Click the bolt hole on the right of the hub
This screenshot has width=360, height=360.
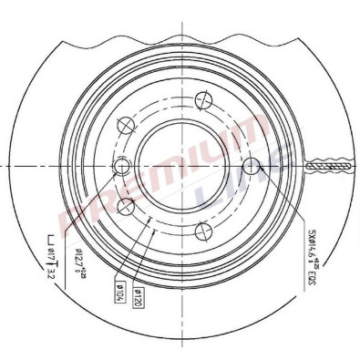pyautogui.click(x=252, y=165)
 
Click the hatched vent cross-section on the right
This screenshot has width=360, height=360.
pyautogui.click(x=331, y=165)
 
